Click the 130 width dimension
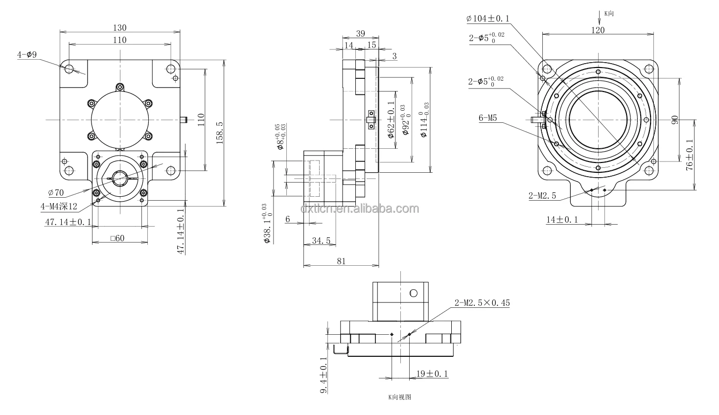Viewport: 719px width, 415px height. pyautogui.click(x=120, y=27)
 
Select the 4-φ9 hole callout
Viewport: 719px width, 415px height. pyautogui.click(x=27, y=55)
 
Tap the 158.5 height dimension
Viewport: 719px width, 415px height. pyautogui.click(x=220, y=133)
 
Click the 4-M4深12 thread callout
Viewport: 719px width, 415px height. pyautogui.click(x=59, y=206)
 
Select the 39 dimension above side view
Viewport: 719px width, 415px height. pyautogui.click(x=360, y=33)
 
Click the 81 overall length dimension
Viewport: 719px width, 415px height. pyautogui.click(x=341, y=261)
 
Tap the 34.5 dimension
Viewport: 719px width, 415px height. pyautogui.click(x=321, y=240)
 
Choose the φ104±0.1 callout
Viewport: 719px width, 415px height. pyautogui.click(x=488, y=19)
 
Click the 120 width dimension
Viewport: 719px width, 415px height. pyautogui.click(x=598, y=30)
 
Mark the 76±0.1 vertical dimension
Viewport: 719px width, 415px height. pyautogui.click(x=689, y=156)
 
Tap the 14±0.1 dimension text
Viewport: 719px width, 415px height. pyautogui.click(x=562, y=220)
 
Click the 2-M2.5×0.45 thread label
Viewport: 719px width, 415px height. pyautogui.click(x=482, y=303)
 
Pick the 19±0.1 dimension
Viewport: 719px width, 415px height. pyautogui.click(x=432, y=374)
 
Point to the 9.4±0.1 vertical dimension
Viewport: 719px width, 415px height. pyautogui.click(x=323, y=374)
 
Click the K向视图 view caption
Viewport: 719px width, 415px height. pyautogui.click(x=399, y=397)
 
